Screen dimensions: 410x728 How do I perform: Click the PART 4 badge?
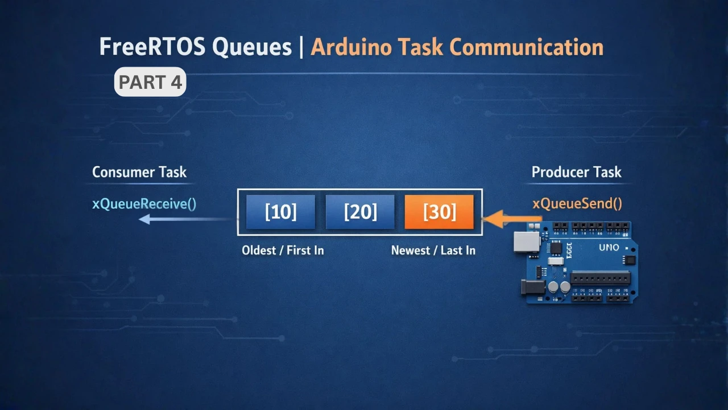pos(150,82)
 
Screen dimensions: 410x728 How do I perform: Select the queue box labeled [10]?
pos(280,212)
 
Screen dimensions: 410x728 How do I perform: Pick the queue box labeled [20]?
pos(360,212)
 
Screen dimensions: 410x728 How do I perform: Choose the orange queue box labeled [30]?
pos(439,212)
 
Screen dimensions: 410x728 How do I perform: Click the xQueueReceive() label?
pos(144,203)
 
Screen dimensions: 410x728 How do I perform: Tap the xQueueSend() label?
pos(577,203)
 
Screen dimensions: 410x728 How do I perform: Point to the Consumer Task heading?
pos(139,172)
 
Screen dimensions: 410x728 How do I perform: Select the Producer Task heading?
pos(576,172)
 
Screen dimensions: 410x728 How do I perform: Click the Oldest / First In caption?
pos(283,250)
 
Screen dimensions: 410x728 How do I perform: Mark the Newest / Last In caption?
pos(433,250)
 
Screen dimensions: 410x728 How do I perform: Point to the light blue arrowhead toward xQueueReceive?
pos(144,219)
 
